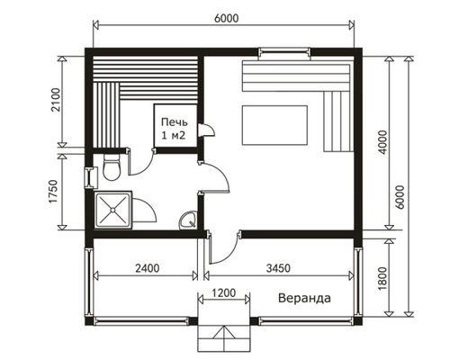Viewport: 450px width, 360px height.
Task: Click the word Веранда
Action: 304,299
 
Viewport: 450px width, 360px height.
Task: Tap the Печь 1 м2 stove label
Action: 175,129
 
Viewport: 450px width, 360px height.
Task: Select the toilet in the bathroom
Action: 112,168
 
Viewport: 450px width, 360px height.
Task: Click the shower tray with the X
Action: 113,210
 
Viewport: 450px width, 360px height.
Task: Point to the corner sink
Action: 188,220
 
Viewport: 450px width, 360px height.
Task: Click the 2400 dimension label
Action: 147,267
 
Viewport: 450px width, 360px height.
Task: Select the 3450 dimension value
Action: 278,267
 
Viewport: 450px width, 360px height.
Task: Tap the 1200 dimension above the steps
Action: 224,292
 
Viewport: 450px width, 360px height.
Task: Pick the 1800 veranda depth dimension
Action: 383,278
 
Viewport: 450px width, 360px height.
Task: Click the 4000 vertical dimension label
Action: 383,142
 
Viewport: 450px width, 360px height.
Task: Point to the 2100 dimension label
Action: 56,100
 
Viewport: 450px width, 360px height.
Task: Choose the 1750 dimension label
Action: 53,192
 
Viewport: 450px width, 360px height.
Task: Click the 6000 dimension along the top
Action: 227,19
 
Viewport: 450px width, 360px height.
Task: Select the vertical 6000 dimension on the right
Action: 400,197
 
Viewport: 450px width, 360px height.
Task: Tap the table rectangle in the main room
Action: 274,125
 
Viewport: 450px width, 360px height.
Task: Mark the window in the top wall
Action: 284,52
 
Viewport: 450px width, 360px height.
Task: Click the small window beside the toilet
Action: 90,177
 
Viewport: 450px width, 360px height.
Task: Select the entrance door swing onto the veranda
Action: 223,247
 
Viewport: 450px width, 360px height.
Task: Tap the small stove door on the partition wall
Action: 206,130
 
